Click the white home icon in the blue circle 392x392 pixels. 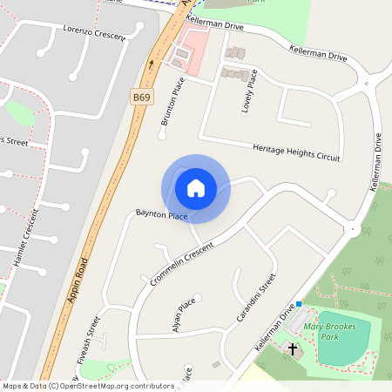click(x=196, y=187)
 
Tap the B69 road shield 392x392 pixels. click(x=142, y=95)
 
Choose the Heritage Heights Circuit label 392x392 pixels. click(x=296, y=152)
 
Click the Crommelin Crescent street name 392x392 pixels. click(x=181, y=259)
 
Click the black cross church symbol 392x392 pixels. click(x=293, y=350)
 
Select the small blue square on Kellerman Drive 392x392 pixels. click(x=299, y=304)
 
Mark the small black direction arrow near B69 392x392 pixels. click(x=152, y=64)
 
